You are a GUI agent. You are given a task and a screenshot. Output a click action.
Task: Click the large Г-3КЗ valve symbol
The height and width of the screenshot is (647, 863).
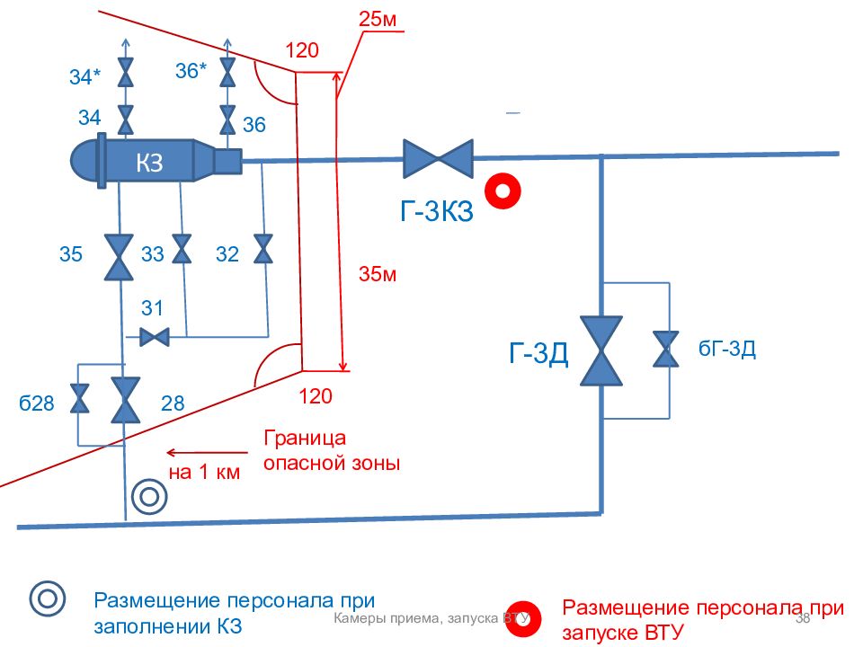tap(438, 158)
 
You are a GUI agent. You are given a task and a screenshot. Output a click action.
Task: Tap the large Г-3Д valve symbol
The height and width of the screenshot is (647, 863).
tap(601, 350)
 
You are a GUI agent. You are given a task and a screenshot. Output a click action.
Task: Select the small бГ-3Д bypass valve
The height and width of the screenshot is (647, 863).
tap(666, 350)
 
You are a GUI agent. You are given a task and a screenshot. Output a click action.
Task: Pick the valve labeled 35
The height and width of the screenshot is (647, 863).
tap(119, 257)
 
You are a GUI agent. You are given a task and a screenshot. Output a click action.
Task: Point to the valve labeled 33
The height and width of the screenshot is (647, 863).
tap(182, 249)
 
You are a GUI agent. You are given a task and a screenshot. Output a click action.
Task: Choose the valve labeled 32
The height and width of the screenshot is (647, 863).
tap(262, 249)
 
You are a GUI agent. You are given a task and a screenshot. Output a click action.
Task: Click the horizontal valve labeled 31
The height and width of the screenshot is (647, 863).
tap(155, 338)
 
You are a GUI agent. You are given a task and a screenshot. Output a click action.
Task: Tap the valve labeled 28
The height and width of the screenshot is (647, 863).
tap(124, 400)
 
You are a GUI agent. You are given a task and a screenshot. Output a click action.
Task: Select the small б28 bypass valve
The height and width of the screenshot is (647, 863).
tap(80, 398)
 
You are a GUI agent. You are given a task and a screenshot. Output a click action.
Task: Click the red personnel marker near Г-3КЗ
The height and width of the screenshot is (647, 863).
tap(503, 191)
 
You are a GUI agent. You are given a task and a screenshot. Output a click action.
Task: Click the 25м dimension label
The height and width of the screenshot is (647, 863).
tap(378, 20)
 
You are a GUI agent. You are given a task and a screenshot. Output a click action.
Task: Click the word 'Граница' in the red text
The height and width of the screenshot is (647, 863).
tap(305, 439)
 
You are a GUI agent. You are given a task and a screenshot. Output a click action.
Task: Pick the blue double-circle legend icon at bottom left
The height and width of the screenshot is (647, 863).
tap(48, 599)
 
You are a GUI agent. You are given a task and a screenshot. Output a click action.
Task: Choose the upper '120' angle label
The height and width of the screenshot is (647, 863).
tap(302, 51)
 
